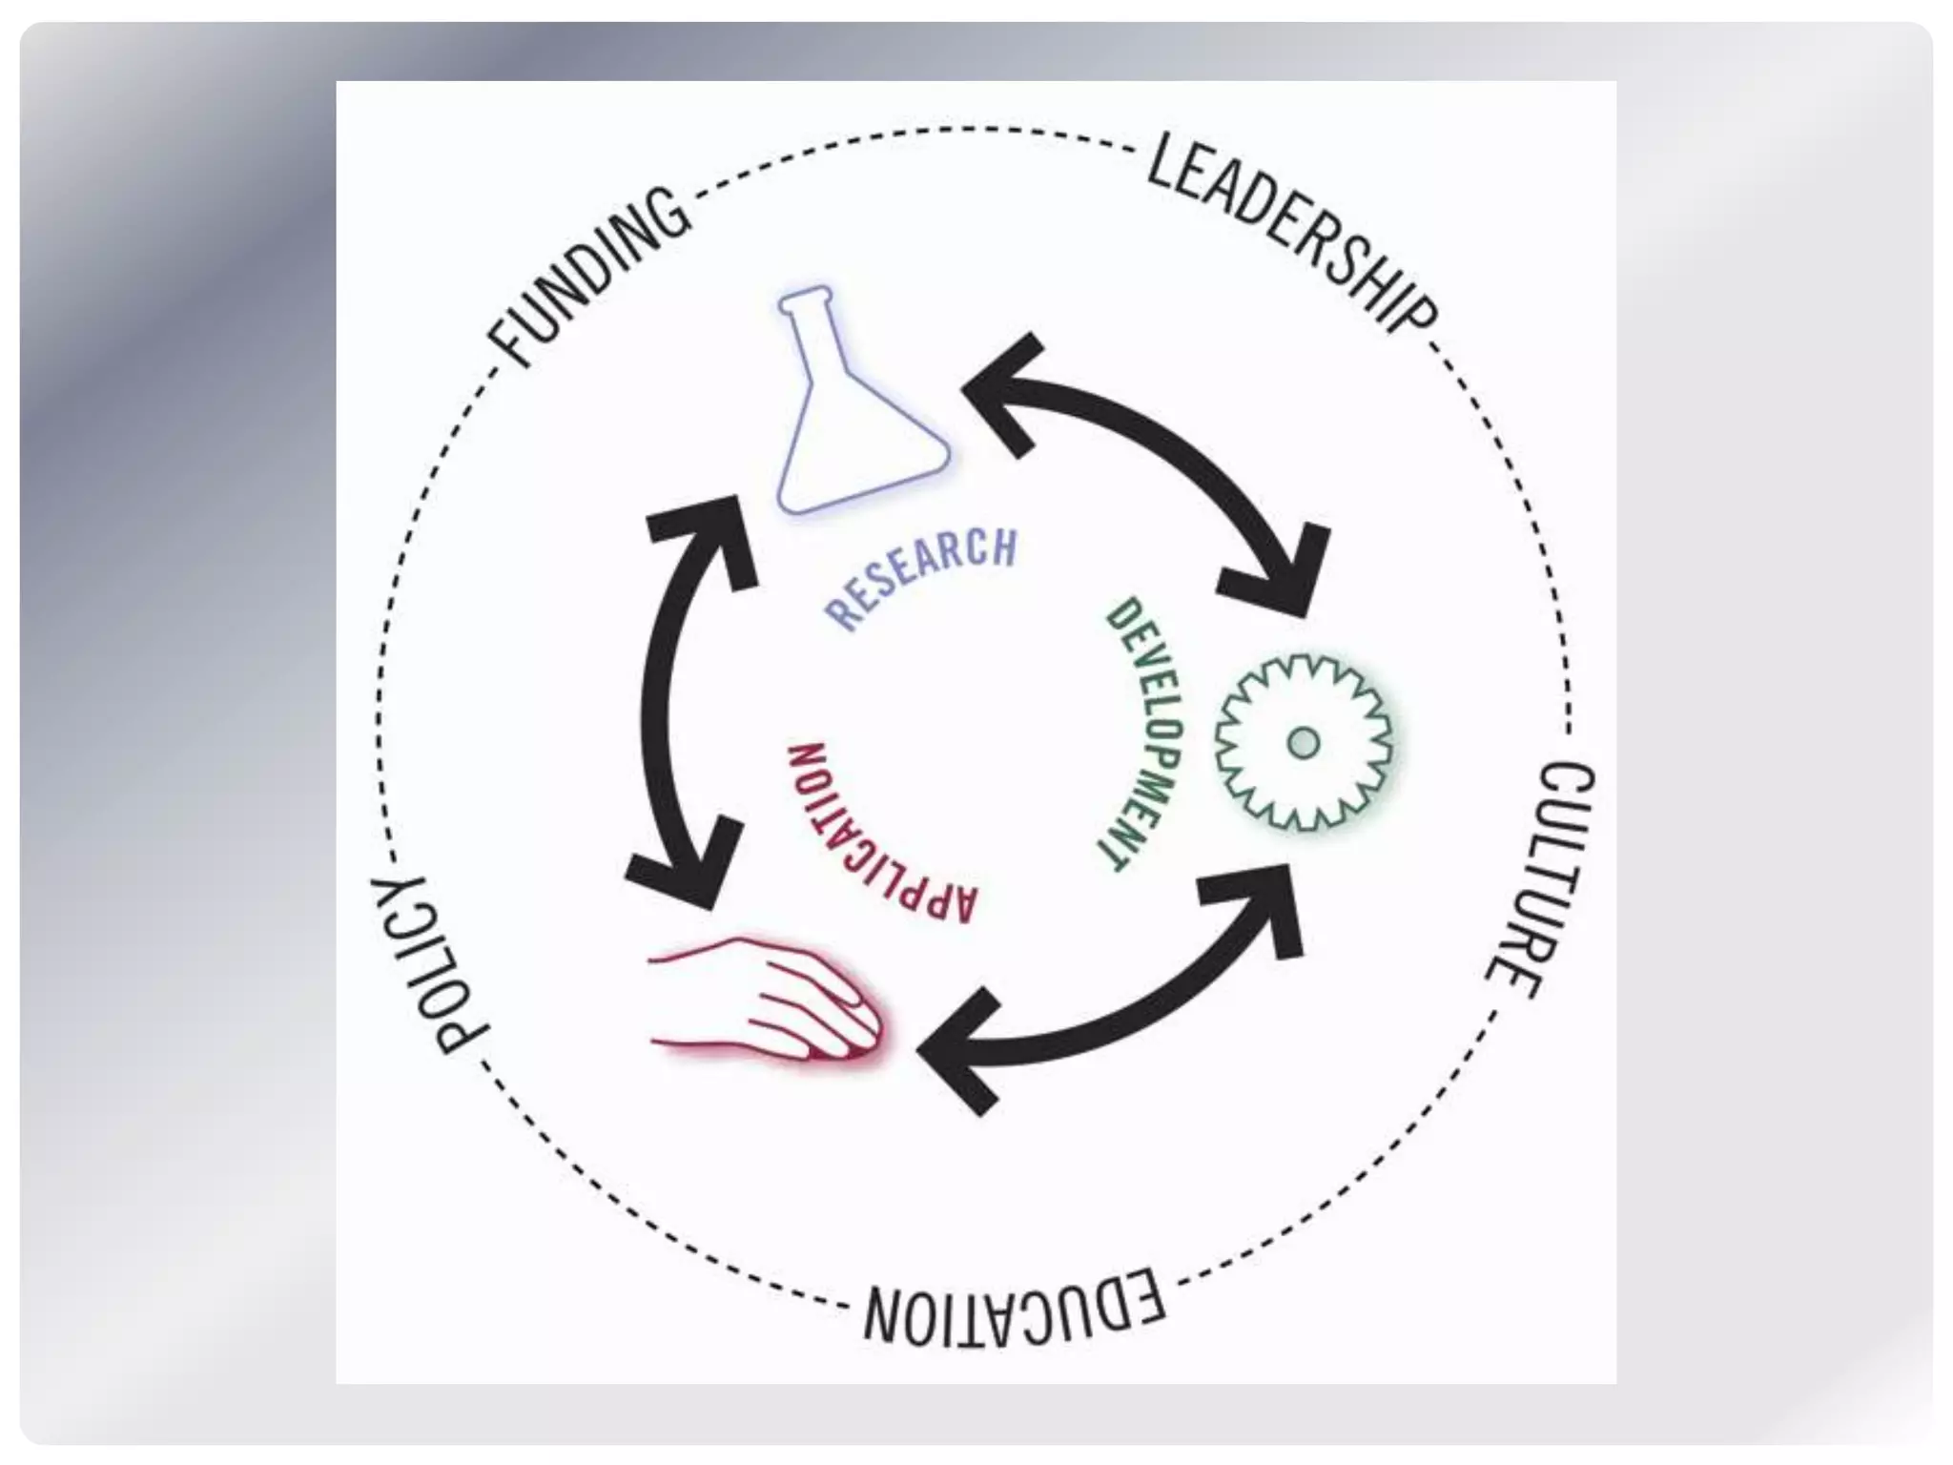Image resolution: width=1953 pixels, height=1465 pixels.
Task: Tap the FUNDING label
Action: (589, 278)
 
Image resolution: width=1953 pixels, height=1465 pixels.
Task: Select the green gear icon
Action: (1303, 742)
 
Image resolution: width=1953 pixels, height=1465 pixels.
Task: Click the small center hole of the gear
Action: (1303, 742)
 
